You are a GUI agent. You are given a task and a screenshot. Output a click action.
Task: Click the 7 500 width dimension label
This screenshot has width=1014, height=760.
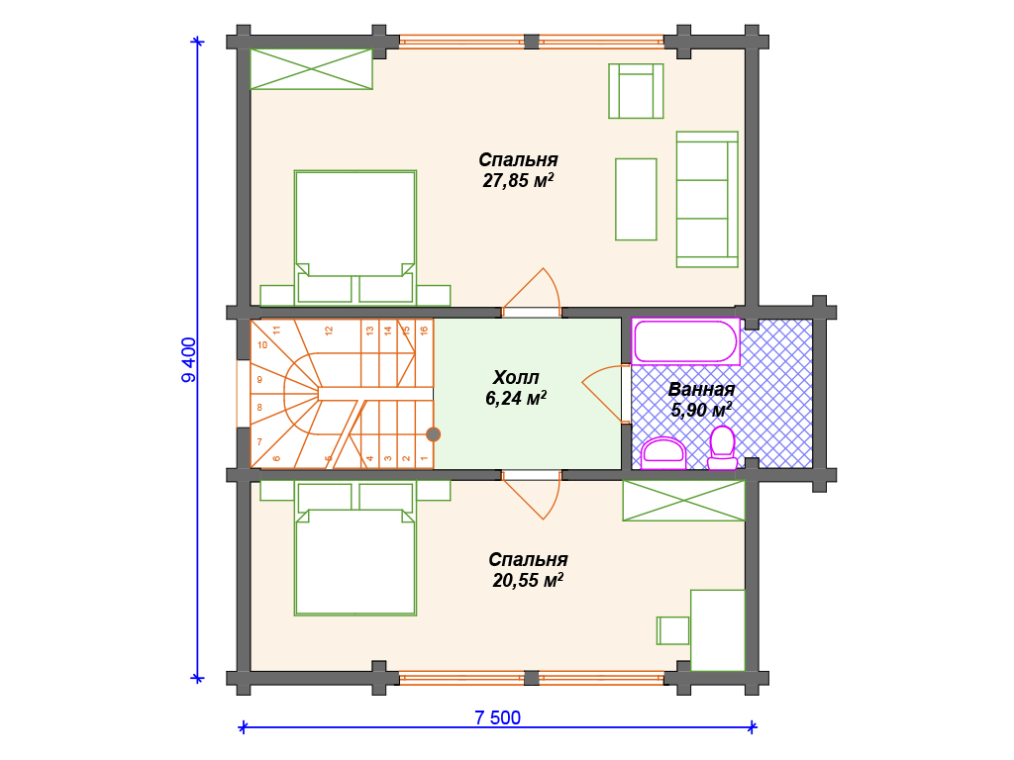pos(497,717)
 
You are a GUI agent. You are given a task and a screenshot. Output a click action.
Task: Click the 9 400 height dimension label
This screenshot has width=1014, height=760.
pos(189,360)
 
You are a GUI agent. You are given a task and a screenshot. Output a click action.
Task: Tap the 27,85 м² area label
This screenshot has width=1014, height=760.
pos(518,180)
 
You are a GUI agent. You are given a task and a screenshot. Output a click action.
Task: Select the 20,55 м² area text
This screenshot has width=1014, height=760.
pos(528,580)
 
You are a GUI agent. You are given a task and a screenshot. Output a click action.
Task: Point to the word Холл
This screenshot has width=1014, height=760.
pos(515,377)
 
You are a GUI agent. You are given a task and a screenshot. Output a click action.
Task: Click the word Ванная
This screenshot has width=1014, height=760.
pos(701,390)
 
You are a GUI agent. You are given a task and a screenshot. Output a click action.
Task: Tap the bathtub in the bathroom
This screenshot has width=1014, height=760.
pos(685,341)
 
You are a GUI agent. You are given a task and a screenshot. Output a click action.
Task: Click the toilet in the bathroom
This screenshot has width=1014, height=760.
pos(722,447)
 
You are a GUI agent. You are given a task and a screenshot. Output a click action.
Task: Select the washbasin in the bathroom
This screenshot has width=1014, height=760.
pos(663,453)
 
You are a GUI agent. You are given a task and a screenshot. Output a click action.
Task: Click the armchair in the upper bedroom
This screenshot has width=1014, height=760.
pos(636,91)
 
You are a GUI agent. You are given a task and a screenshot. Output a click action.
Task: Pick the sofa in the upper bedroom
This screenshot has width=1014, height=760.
pos(707,199)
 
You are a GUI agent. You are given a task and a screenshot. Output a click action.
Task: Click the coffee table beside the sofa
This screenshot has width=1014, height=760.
pos(636,199)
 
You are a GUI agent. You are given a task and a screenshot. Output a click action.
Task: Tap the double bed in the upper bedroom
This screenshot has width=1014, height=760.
pos(355,237)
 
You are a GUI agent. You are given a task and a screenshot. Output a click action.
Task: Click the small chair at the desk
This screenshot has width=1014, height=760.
pos(673,630)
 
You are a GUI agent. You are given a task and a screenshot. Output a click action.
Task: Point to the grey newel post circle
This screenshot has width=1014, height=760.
pos(434,434)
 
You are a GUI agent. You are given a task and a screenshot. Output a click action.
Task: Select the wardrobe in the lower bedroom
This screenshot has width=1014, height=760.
pos(683,500)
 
